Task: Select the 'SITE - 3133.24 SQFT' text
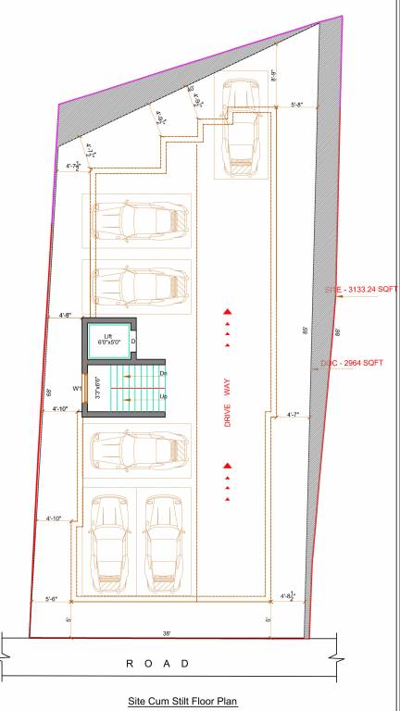pos(360,290)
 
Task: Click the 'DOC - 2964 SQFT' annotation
pos(352,363)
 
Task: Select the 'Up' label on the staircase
pos(164,396)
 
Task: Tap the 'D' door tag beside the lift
pos(132,341)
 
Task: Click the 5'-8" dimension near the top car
pos(297,105)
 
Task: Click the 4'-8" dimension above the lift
pos(66,315)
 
